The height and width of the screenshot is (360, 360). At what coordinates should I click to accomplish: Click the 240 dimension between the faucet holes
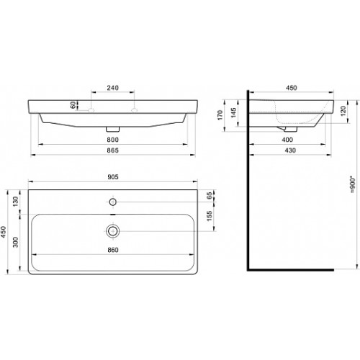[113, 88]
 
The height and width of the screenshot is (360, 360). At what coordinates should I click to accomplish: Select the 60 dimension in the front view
[73, 105]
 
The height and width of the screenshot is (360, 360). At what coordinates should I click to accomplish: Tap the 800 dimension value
[113, 140]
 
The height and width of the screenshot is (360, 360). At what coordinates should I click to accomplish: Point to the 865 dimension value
[113, 150]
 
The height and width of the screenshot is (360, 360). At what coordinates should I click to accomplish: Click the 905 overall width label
[113, 177]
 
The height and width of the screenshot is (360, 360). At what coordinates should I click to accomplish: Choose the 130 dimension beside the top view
[15, 202]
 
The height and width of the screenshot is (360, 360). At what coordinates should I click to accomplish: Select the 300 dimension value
[15, 242]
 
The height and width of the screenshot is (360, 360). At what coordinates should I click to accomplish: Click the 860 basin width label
[113, 250]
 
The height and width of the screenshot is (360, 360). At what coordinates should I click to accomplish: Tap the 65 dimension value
[210, 196]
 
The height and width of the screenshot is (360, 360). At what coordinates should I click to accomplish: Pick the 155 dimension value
[210, 216]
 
